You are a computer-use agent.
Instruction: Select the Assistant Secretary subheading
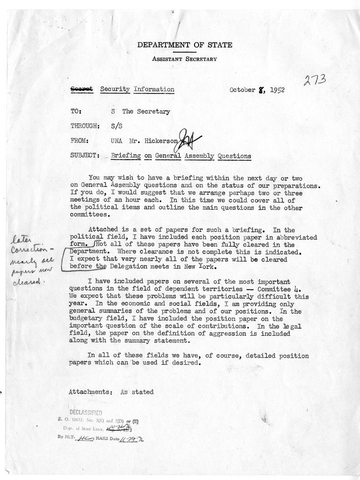tap(185, 59)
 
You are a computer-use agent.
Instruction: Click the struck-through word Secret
tap(81, 89)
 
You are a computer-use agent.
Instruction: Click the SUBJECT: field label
tap(84, 156)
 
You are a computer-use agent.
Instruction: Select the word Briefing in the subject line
tap(126, 156)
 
